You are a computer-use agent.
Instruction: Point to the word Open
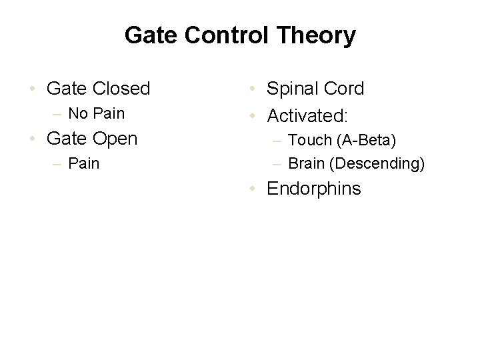pyautogui.click(x=114, y=139)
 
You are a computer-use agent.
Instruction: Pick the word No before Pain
pyautogui.click(x=78, y=113)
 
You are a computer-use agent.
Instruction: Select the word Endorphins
pyautogui.click(x=314, y=189)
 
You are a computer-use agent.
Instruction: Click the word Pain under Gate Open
pyautogui.click(x=84, y=163)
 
